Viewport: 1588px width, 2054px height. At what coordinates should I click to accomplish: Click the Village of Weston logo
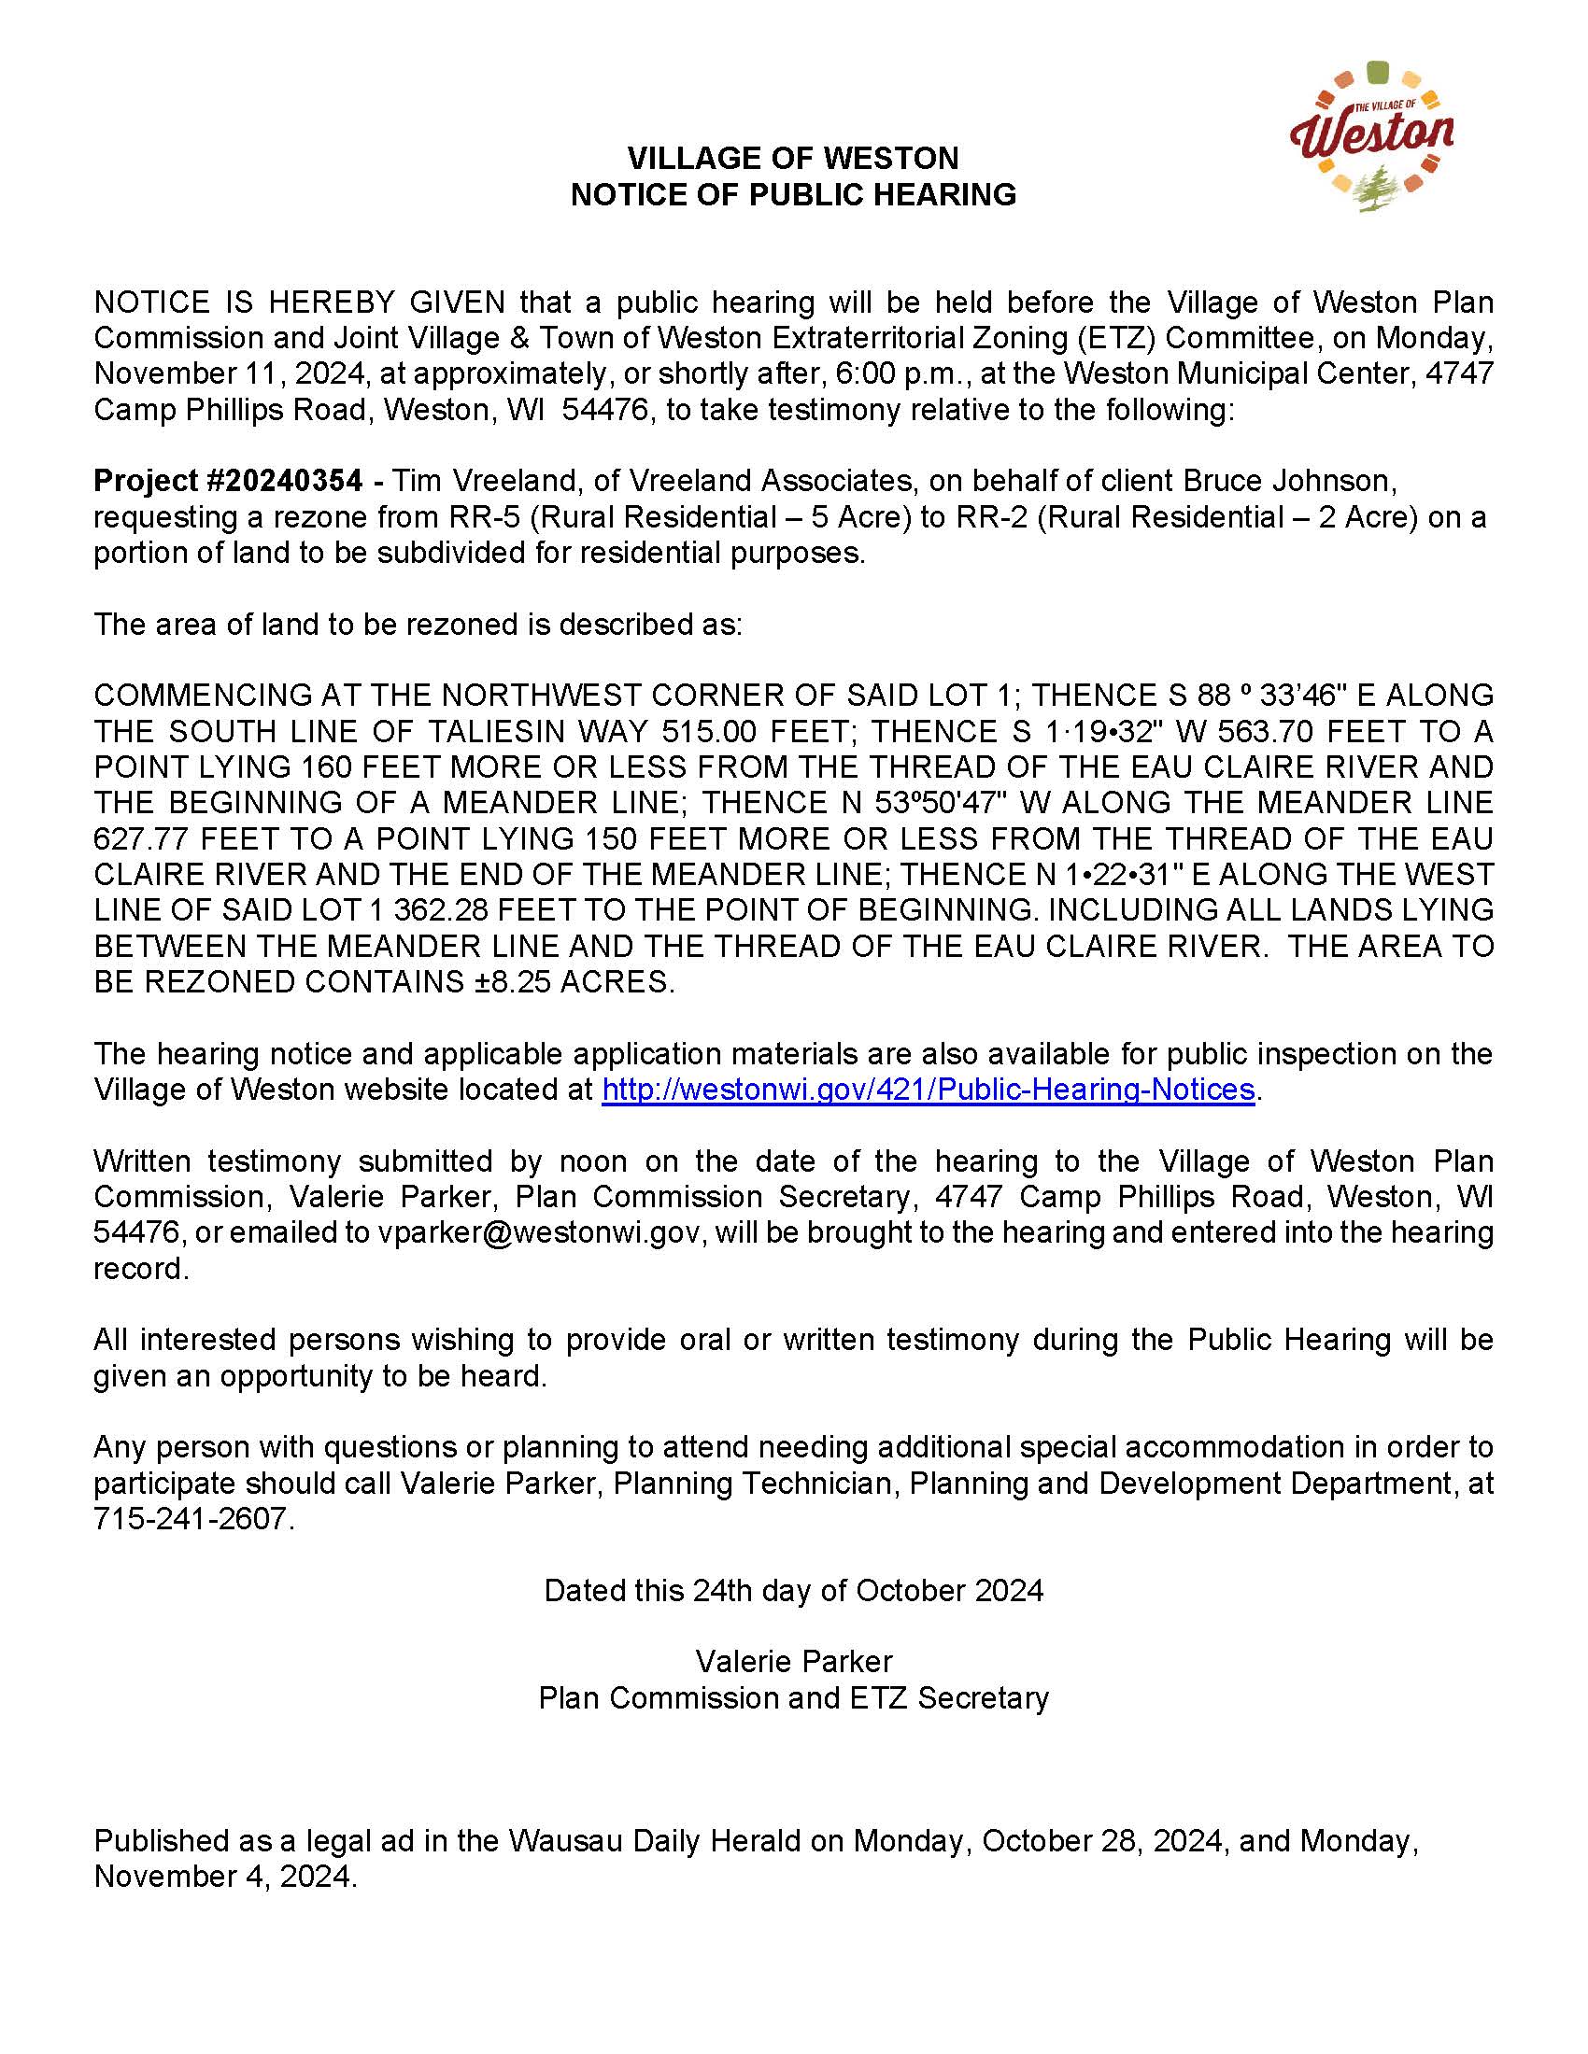pos(1370,137)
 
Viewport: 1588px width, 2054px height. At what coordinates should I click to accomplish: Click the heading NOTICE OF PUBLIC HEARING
pos(793,195)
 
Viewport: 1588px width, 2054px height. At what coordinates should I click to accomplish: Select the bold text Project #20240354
pos(228,481)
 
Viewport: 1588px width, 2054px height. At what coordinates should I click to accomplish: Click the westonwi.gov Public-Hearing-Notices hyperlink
pos(928,1089)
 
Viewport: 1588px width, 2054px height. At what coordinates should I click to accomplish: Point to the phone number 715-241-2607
pos(192,1518)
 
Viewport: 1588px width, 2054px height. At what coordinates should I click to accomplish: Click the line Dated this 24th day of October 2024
pos(793,1590)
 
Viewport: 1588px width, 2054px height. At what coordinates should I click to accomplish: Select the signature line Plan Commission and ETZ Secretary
pos(793,1697)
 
